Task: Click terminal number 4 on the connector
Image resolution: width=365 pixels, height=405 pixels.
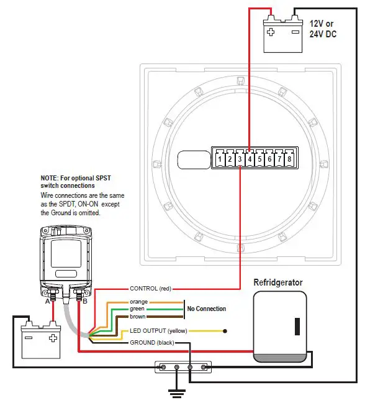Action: click(250, 159)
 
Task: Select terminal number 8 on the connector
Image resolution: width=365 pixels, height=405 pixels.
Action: click(289, 159)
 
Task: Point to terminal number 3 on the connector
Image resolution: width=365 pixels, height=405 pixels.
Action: click(240, 159)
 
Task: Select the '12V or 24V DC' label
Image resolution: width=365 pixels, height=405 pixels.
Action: click(323, 29)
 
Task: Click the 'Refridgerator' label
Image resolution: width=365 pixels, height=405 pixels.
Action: click(278, 282)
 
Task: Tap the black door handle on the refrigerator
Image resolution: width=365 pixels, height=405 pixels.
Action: click(297, 326)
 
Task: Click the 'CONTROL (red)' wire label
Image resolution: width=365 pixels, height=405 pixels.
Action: click(150, 289)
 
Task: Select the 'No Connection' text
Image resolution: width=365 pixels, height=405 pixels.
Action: click(207, 309)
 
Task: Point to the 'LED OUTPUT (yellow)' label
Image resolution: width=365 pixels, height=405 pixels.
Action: click(158, 331)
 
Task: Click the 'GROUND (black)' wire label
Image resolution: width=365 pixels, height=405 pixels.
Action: click(151, 343)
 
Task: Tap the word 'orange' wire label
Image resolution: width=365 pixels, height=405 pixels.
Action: click(138, 302)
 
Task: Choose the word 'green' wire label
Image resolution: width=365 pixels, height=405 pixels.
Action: click(138, 309)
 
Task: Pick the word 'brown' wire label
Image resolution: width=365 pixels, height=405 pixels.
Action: click(138, 316)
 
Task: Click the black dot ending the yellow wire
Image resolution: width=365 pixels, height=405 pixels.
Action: click(225, 331)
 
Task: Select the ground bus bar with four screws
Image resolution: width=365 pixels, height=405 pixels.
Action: click(184, 368)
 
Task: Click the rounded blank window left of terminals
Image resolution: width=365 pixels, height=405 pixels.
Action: click(194, 159)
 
